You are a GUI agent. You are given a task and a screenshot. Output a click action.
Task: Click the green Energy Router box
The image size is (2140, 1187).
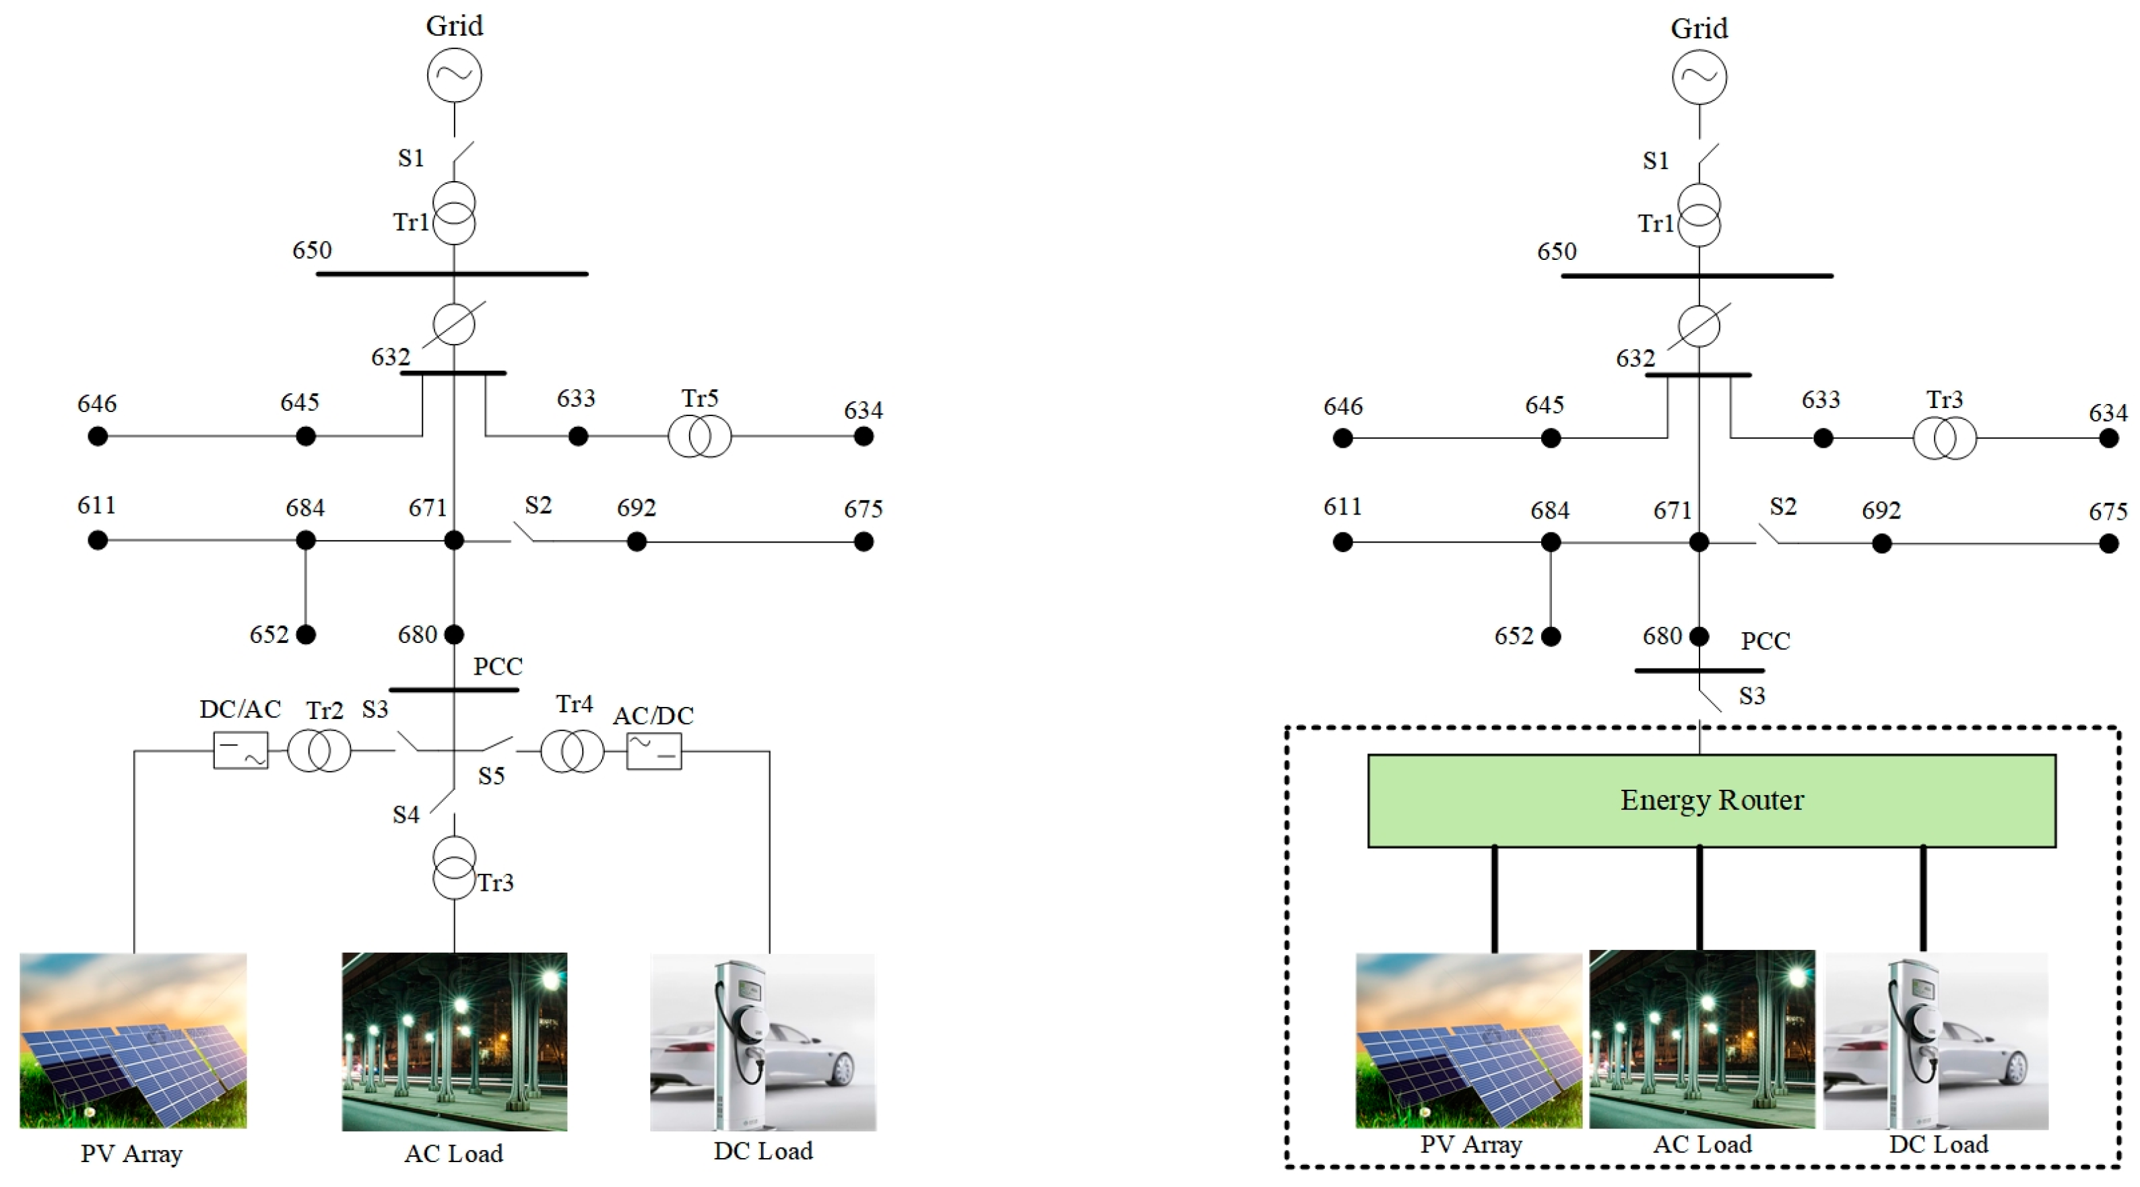[x=1712, y=801]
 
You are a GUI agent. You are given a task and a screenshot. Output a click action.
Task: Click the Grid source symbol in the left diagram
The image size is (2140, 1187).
[x=455, y=75]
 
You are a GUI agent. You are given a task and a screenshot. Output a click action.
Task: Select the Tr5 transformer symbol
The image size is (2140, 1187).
[x=699, y=436]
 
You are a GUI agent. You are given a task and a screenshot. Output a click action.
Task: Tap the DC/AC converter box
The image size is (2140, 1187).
[x=241, y=750]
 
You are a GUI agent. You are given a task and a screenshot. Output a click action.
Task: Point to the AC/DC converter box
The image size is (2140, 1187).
[x=654, y=751]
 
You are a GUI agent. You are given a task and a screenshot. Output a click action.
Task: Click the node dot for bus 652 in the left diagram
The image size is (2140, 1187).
[x=306, y=635]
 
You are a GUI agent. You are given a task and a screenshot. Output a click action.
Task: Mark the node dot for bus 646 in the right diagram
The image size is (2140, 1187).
[x=1342, y=438]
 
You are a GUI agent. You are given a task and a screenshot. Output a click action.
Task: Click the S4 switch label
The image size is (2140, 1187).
[x=406, y=815]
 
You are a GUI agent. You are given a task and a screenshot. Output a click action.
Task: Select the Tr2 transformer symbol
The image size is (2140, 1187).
[x=319, y=751]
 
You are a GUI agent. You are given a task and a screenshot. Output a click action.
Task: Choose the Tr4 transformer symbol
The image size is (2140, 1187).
[x=572, y=751]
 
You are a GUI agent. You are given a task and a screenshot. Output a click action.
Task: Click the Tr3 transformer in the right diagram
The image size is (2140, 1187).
[x=1944, y=438]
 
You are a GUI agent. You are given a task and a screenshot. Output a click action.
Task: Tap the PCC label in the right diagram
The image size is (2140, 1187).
[x=1765, y=641]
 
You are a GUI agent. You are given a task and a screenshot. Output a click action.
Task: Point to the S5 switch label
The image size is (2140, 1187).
[x=491, y=776]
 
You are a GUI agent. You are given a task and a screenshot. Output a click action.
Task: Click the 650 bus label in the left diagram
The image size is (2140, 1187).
[x=311, y=250]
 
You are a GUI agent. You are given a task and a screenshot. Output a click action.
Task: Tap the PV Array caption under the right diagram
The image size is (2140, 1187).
[x=1470, y=1145]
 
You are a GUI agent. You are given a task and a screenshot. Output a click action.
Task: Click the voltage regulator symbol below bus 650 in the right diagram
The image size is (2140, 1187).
[x=1699, y=326]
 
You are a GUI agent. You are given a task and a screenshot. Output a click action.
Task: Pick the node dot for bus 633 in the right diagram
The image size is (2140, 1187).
[x=1823, y=438]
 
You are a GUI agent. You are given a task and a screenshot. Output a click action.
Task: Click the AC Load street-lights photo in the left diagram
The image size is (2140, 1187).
[x=455, y=1042]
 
